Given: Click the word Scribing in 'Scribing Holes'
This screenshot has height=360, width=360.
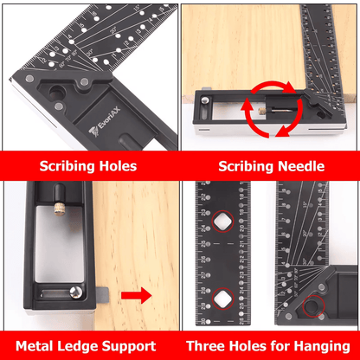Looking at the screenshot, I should pos(66,164).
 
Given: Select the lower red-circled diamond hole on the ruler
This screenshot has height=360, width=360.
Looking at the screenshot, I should pos(224,299).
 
